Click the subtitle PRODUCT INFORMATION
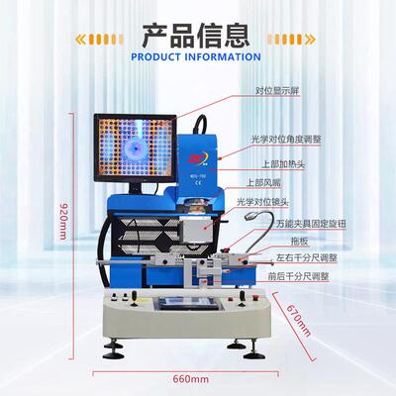[x=197, y=57]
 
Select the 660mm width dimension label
[x=191, y=379]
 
